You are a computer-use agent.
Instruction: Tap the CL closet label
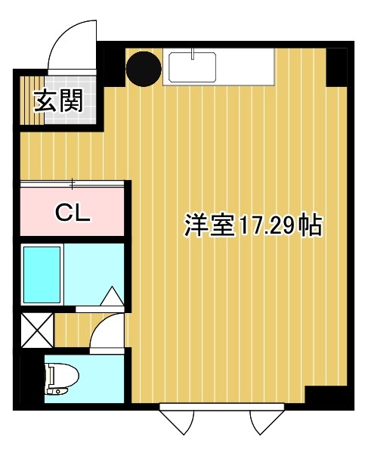pyautogui.click(x=73, y=212)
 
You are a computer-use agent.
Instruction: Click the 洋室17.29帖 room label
pyautogui.click(x=252, y=226)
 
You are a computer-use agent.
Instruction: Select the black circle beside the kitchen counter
pyautogui.click(x=144, y=68)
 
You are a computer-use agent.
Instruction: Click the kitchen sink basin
pyautogui.click(x=193, y=68)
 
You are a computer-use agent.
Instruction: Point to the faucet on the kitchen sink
pyautogui.click(x=193, y=54)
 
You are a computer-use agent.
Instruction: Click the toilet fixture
pyautogui.click(x=59, y=378)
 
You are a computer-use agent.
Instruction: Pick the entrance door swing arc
pyautogui.click(x=73, y=44)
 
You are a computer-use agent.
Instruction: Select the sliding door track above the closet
pyautogui.click(x=73, y=182)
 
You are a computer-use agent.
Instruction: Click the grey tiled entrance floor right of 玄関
pyautogui.click(x=91, y=98)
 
